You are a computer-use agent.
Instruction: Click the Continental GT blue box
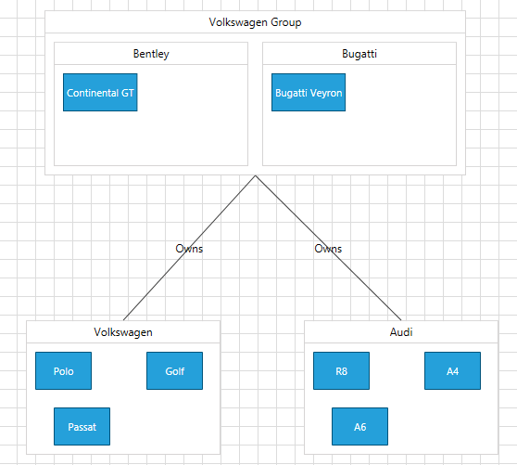click(x=100, y=93)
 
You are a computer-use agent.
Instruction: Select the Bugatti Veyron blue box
click(x=309, y=93)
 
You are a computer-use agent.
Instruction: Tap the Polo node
click(x=63, y=371)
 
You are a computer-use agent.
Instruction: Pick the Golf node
click(x=174, y=371)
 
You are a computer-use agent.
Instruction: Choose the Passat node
click(x=82, y=427)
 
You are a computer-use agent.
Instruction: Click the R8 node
click(x=341, y=371)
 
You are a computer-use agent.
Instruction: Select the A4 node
click(x=452, y=371)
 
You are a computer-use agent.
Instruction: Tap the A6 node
click(x=359, y=427)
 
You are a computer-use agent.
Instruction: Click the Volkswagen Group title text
click(x=255, y=22)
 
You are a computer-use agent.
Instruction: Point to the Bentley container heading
click(x=151, y=54)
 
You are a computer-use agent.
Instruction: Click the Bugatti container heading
click(x=359, y=54)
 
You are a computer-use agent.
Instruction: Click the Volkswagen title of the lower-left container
click(x=123, y=331)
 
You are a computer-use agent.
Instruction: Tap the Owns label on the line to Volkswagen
click(x=189, y=249)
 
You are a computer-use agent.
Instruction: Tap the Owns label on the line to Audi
click(x=328, y=249)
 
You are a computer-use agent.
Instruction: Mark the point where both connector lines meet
click(x=255, y=175)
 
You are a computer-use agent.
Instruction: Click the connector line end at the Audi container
click(x=401, y=320)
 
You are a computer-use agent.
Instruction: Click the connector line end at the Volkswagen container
click(x=124, y=320)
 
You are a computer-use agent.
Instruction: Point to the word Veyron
click(x=326, y=93)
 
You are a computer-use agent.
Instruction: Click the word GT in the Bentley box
click(x=128, y=93)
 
